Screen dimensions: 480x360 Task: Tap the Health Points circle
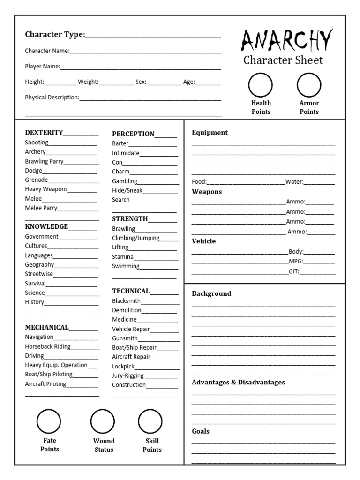(261, 85)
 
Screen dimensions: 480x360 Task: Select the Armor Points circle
(309, 85)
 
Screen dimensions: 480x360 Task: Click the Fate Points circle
(49, 421)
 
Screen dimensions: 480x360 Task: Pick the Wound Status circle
(103, 421)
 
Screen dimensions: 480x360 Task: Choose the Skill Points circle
(150, 421)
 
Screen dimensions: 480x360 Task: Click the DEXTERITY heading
(44, 133)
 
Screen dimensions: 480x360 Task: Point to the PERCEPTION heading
(133, 134)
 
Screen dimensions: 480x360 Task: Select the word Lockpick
(123, 366)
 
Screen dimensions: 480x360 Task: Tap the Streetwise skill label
(39, 274)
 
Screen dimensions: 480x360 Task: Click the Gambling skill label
(125, 181)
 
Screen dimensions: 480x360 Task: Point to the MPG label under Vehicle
(296, 261)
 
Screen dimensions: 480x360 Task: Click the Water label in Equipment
(294, 181)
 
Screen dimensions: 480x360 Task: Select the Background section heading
(211, 293)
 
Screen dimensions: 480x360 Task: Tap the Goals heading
(201, 431)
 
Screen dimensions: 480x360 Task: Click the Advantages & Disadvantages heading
(238, 382)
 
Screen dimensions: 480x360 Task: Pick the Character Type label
(55, 34)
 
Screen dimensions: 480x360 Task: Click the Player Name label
(42, 67)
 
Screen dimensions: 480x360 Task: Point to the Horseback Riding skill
(48, 346)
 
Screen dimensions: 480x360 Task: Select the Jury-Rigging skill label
(128, 375)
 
